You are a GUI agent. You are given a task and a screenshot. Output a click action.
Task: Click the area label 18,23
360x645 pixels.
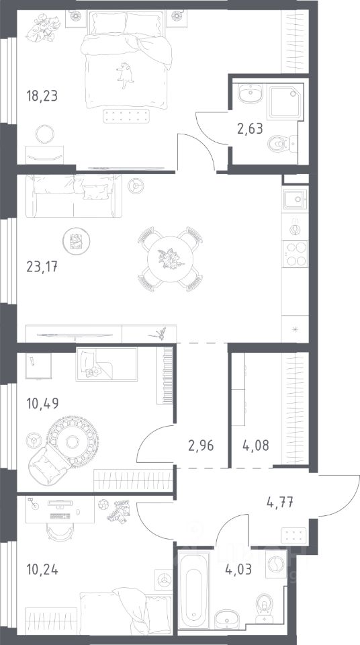(42, 96)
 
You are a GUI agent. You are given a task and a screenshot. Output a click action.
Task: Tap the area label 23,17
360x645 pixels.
(42, 267)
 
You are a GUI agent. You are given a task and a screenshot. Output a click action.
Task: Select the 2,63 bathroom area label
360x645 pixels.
(250, 129)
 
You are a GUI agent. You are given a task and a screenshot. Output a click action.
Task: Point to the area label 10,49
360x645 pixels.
(42, 403)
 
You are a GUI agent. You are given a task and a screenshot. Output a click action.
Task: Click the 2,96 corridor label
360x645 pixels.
(201, 445)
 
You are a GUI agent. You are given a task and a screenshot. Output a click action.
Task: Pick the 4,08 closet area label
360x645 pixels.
(257, 445)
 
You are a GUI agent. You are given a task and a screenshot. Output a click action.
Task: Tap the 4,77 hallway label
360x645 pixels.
(280, 503)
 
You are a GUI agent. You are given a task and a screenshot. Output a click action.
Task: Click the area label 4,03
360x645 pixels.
(238, 570)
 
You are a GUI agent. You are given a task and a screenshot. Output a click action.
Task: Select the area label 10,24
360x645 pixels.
(42, 570)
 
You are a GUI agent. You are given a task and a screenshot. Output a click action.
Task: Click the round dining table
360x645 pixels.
(171, 259)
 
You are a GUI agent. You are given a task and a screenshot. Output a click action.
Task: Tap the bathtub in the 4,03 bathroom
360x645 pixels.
(194, 592)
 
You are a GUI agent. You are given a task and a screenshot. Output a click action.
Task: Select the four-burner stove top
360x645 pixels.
(295, 254)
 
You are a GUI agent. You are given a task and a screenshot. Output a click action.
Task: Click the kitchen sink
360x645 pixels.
(295, 199)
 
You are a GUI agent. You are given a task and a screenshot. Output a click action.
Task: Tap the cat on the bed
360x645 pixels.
(125, 75)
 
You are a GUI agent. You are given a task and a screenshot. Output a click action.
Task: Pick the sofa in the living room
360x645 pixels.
(74, 196)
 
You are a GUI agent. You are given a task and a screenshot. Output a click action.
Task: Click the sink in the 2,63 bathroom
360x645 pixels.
(250, 94)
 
